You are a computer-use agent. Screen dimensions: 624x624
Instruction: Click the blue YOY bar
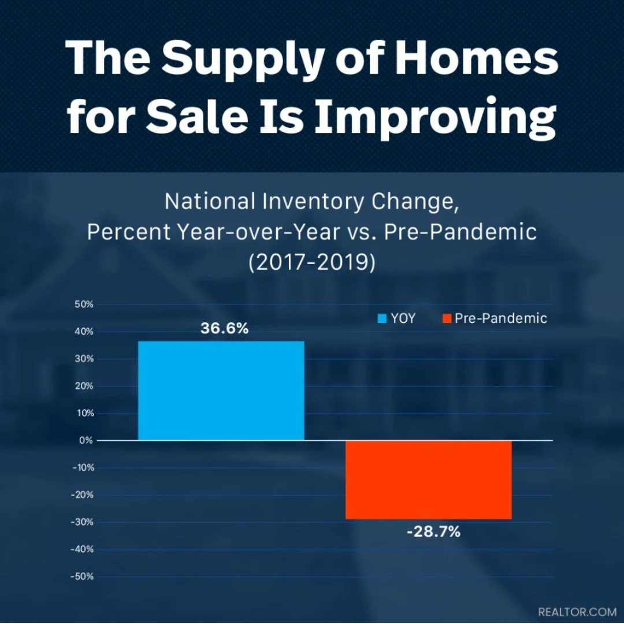click(221, 391)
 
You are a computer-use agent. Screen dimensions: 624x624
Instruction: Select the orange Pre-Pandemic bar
click(428, 480)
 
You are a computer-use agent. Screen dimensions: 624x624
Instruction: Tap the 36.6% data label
click(225, 329)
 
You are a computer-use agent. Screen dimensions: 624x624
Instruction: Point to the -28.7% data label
click(433, 532)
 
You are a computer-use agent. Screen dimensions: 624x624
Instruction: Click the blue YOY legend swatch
click(382, 318)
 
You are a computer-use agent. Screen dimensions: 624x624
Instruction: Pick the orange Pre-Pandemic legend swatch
click(446, 318)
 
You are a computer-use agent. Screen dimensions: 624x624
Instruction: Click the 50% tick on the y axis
click(84, 304)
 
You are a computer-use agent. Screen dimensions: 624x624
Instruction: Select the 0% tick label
click(86, 440)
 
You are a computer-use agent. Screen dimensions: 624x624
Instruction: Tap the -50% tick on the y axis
click(82, 577)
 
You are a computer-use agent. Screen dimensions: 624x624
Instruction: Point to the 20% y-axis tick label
click(84, 386)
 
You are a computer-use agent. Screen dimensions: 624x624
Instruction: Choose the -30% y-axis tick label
click(82, 522)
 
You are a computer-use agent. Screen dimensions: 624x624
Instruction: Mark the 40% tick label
click(84, 332)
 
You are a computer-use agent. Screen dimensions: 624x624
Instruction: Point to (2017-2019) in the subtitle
click(311, 262)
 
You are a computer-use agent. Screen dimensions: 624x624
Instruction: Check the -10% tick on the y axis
click(82, 467)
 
